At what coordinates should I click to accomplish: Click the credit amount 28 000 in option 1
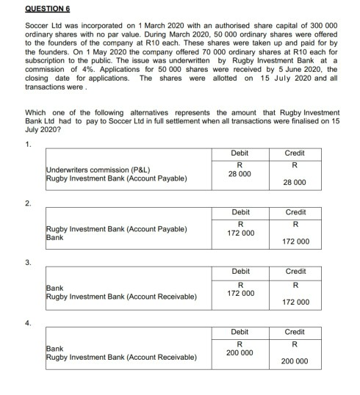(294, 182)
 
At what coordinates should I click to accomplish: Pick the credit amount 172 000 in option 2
(294, 241)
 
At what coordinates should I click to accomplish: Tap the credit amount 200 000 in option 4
(294, 361)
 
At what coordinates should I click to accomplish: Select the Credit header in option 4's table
(294, 332)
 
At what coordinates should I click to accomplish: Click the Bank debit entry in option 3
(54, 289)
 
